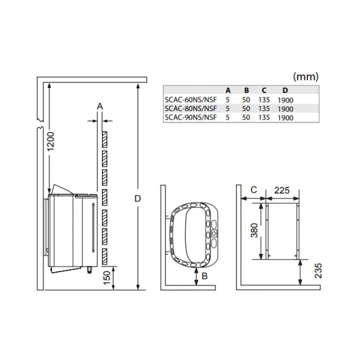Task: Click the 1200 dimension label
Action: (x=51, y=141)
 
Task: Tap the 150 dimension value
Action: (x=107, y=278)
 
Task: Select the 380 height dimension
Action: (x=254, y=230)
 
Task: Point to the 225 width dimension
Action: (x=282, y=190)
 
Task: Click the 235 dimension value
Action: (x=318, y=271)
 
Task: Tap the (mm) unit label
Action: (x=306, y=76)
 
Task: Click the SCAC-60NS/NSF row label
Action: (x=191, y=100)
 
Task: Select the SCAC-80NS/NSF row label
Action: (x=191, y=108)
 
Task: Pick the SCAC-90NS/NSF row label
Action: (x=191, y=117)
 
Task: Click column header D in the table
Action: (x=285, y=90)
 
